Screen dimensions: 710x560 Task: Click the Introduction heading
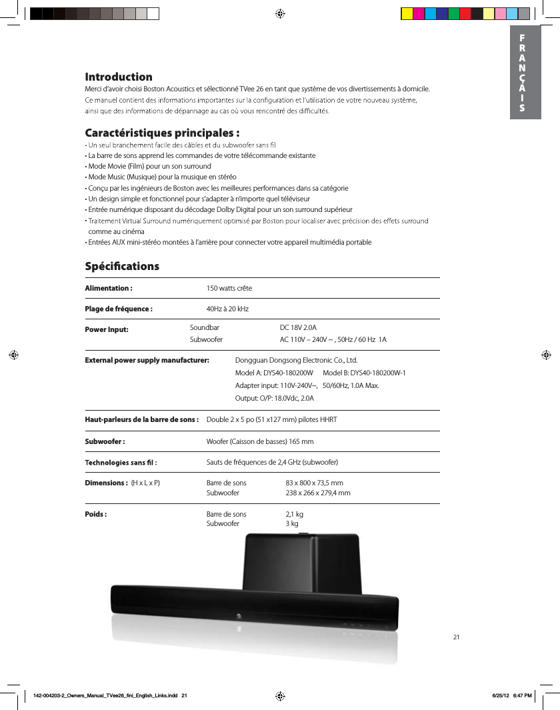118,77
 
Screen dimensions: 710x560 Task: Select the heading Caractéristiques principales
162,131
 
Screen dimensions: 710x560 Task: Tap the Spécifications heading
122,266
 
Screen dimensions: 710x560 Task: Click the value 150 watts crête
229,288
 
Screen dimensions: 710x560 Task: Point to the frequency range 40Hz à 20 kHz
227,309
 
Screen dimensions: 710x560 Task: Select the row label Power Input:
107,329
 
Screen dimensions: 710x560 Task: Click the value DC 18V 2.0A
298,327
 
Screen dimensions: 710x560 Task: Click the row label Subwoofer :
105,441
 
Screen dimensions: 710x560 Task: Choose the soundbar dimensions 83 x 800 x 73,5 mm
314,483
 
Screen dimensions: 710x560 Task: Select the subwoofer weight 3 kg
291,524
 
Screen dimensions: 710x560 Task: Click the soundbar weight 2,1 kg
294,514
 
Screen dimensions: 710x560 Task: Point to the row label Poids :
96,514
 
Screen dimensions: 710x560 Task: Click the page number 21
457,637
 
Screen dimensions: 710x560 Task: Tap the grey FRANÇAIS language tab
523,73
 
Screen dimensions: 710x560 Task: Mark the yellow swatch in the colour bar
407,13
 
